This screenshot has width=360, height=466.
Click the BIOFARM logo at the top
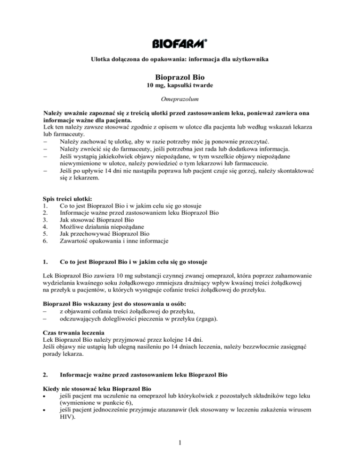click(180, 44)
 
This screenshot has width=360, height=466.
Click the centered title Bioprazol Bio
click(180, 77)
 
